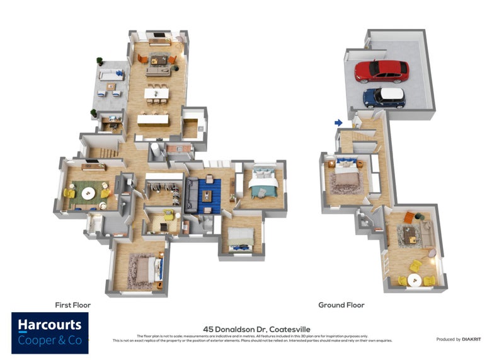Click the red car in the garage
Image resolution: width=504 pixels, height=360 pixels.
[x=381, y=71]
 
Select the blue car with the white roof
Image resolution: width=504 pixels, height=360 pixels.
[x=384, y=97]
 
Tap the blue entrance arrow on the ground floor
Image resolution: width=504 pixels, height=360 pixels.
[x=338, y=122]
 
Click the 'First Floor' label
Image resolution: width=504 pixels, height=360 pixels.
[x=73, y=305]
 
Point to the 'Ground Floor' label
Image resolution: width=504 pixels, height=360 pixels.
[x=341, y=305]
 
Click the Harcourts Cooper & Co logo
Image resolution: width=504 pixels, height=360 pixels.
[x=50, y=332]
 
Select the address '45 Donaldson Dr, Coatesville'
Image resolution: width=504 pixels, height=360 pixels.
[x=251, y=329]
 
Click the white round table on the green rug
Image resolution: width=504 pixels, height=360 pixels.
[x=88, y=192]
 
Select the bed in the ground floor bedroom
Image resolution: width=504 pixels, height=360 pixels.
[x=345, y=176]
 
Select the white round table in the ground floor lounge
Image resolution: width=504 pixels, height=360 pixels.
[x=416, y=279]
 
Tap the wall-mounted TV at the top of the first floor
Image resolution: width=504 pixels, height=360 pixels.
[x=158, y=35]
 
